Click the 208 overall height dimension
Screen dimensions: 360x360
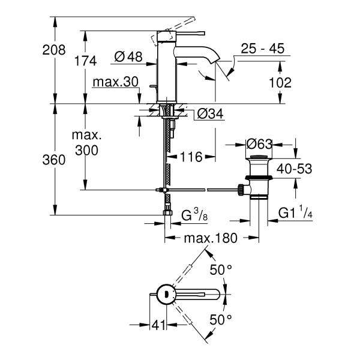53,50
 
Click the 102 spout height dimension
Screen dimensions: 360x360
280,83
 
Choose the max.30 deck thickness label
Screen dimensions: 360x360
116,82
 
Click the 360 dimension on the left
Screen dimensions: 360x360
53,160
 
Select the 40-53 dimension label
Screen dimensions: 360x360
293,170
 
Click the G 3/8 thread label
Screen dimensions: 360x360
195,215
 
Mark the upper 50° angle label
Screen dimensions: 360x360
220,270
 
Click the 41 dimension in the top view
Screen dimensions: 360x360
158,325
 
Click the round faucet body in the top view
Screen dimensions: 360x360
163,294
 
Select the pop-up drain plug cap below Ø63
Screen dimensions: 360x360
260,159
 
